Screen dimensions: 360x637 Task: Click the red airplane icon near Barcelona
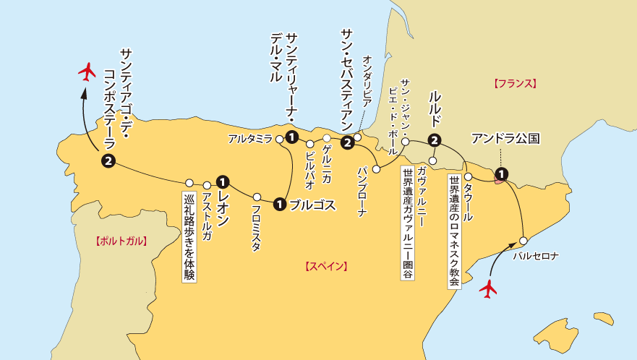coord(489,288)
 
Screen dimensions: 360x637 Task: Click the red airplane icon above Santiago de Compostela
coord(87,71)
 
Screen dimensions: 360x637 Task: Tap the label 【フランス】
coord(515,83)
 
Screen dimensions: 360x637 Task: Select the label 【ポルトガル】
coord(121,241)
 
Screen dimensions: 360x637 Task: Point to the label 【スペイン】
coord(326,266)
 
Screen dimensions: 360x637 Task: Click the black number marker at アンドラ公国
coord(500,173)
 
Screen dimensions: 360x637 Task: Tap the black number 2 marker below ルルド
coord(434,140)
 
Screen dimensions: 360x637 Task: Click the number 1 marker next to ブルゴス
coord(279,205)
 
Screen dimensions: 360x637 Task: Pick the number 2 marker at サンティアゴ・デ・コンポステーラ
coord(108,160)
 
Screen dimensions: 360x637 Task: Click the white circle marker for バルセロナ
coord(525,239)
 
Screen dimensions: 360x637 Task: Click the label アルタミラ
coord(249,138)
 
